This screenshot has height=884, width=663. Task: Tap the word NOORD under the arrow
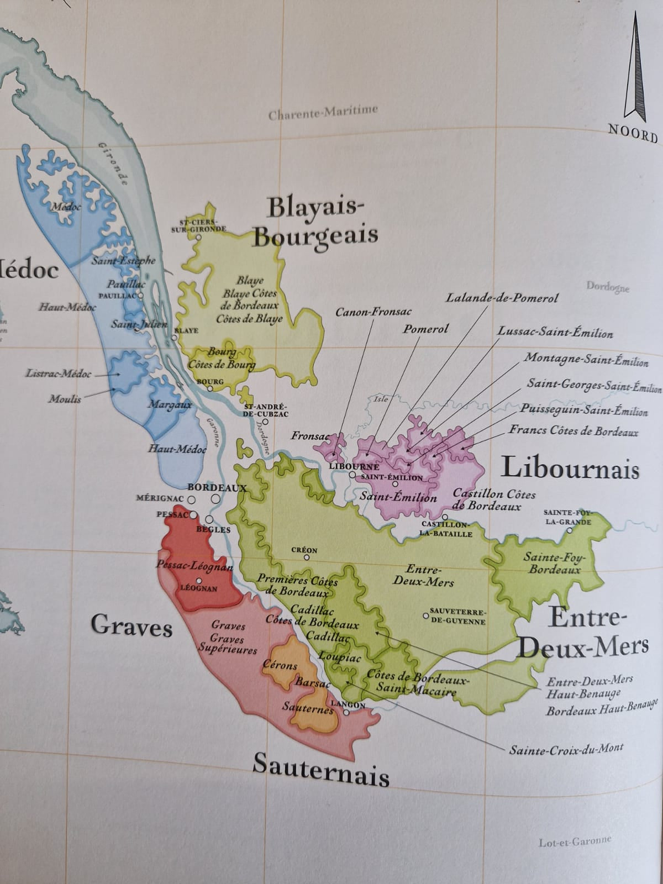(633, 133)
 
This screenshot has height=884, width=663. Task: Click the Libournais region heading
(570, 469)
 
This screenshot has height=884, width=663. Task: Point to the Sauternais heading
(321, 770)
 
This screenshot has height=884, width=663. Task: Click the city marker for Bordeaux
(215, 498)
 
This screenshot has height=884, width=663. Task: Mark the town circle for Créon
(306, 557)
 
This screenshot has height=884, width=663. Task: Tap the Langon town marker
(346, 713)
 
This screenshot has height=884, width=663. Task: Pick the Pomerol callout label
(425, 329)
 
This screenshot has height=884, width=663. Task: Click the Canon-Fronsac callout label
(373, 312)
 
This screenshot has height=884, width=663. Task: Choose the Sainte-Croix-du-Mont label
(566, 749)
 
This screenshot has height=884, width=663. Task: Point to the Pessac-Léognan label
(194, 566)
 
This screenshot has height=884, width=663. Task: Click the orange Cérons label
(280, 665)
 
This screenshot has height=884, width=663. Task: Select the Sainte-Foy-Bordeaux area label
(553, 563)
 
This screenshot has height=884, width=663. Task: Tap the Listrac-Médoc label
(59, 373)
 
